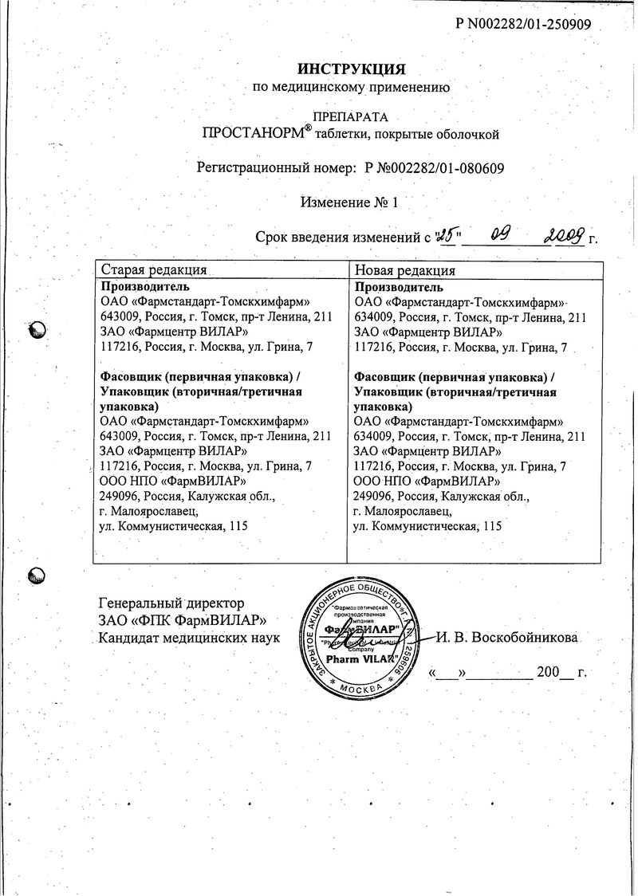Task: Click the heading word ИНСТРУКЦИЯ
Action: tap(352, 69)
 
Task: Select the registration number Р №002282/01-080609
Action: tap(434, 169)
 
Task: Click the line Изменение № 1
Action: tap(349, 202)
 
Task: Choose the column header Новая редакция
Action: tap(405, 270)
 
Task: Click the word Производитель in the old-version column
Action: tap(145, 287)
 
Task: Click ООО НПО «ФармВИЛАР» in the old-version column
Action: tap(167, 481)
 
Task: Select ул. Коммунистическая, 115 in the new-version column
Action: tap(427, 526)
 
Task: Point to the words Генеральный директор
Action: tap(171, 603)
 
